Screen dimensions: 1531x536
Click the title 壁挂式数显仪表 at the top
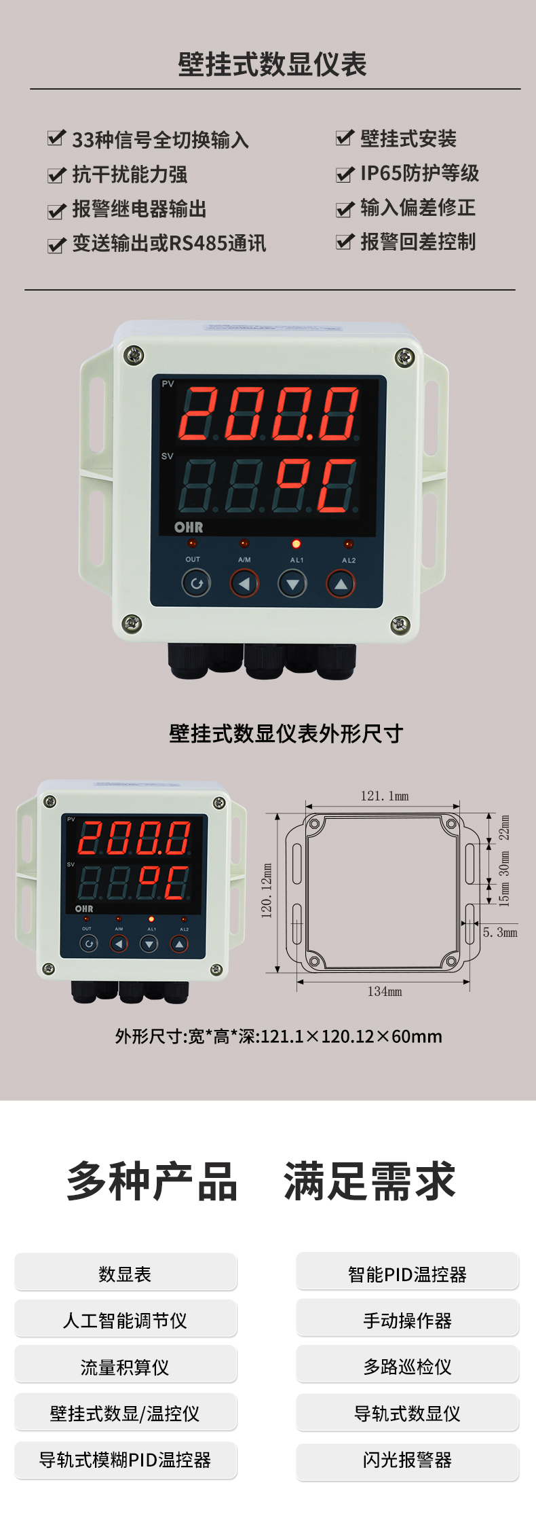point(272,65)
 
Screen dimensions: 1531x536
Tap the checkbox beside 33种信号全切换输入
point(56,139)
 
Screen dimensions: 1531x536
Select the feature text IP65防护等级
point(419,173)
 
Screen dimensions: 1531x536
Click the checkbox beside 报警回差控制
point(345,241)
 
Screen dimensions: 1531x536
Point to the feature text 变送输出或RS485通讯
point(169,243)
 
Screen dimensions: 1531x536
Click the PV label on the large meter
point(168,384)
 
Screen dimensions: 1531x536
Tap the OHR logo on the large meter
point(189,527)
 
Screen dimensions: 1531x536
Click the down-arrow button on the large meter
point(292,584)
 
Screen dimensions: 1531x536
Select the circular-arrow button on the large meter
point(196,583)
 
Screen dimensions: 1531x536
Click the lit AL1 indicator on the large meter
point(296,544)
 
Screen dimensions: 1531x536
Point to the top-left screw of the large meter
point(134,354)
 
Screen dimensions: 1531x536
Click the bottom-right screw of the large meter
point(400,624)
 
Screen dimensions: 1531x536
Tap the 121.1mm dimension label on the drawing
point(384,796)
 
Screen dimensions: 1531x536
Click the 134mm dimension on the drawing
point(385,991)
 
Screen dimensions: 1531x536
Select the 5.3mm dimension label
point(500,932)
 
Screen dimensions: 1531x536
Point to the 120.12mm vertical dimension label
point(267,891)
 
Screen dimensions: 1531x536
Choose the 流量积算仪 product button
point(126,1367)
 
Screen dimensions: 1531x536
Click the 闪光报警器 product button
point(407,1460)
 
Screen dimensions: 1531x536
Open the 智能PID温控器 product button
point(407,1274)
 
